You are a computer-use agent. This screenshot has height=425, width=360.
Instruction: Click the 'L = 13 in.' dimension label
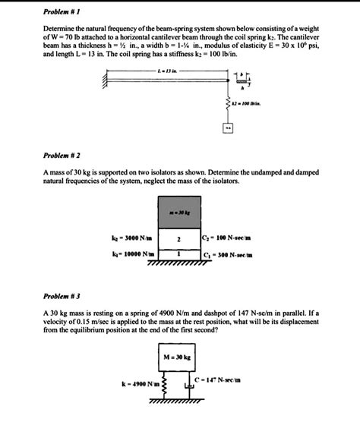164,70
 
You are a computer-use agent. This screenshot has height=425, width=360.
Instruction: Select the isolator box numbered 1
179,256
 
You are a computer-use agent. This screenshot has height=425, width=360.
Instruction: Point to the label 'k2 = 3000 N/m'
131,238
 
